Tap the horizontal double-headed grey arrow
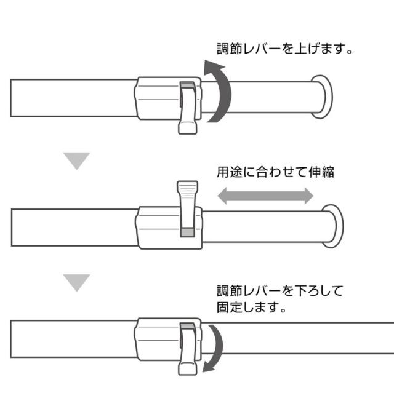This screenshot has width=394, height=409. [x=265, y=196]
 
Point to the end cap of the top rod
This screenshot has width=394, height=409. [x=322, y=97]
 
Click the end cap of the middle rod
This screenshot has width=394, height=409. [x=332, y=226]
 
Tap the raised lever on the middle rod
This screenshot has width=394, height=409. [x=188, y=208]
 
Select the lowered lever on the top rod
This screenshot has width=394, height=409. [x=188, y=108]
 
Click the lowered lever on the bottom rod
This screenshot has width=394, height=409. [x=188, y=349]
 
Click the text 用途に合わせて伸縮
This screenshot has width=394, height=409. [x=275, y=172]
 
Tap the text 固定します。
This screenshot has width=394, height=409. [x=252, y=307]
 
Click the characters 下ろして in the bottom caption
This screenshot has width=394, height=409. [x=318, y=291]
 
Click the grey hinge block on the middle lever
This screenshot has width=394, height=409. [x=188, y=232]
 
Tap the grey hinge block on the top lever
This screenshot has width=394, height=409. [x=188, y=85]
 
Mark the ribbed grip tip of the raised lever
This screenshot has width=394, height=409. [x=188, y=188]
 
